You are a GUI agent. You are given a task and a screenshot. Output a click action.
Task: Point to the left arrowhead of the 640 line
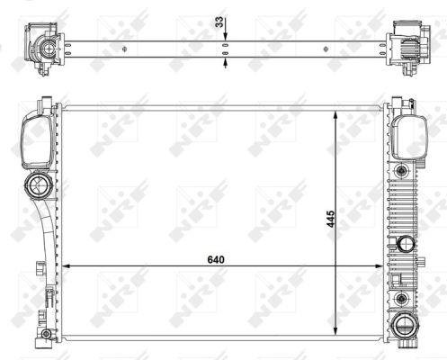(66, 266)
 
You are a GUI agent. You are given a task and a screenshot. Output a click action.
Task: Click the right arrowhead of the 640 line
(380, 266)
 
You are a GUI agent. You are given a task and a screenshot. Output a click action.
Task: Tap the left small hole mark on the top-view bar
(125, 47)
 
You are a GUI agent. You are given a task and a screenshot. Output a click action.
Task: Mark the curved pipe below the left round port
(46, 225)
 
